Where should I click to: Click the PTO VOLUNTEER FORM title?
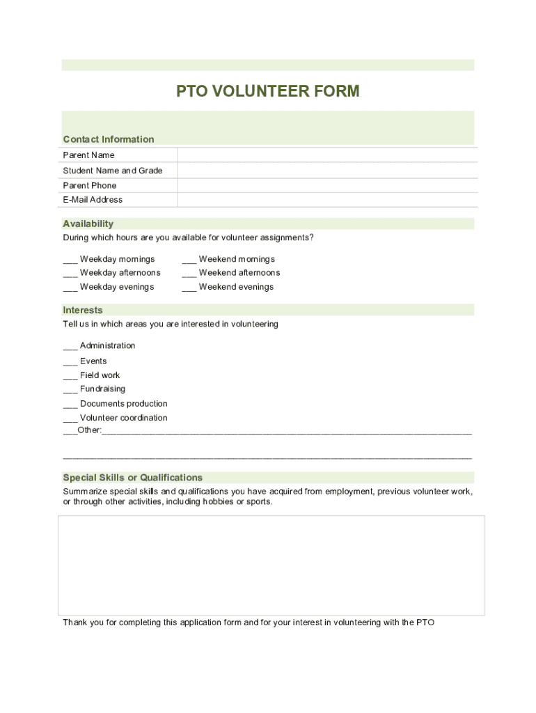pyautogui.click(x=267, y=91)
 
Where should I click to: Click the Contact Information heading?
pyautogui.click(x=109, y=139)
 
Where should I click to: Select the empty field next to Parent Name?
pyautogui.click(x=327, y=155)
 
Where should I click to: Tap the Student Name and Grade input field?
pyautogui.click(x=327, y=171)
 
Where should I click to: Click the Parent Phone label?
pyautogui.click(x=90, y=185)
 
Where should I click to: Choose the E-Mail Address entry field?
pyautogui.click(x=327, y=200)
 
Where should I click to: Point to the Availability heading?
pyautogui.click(x=88, y=224)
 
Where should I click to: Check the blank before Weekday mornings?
pyautogui.click(x=70, y=260)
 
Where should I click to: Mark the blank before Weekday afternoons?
pyautogui.click(x=70, y=274)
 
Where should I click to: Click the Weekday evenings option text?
pyautogui.click(x=117, y=287)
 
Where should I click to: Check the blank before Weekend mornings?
pyautogui.click(x=189, y=260)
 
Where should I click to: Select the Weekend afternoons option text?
pyautogui.click(x=239, y=273)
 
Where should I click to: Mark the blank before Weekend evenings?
pyautogui.click(x=189, y=288)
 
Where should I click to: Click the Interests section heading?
pyautogui.click(x=83, y=310)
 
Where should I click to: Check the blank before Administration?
pyautogui.click(x=70, y=347)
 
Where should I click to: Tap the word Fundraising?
pyautogui.click(x=102, y=389)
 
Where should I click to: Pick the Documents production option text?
pyautogui.click(x=123, y=404)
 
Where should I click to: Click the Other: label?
pyautogui.click(x=89, y=430)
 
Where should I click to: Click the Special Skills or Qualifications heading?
pyautogui.click(x=133, y=478)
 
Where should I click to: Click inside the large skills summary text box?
pyautogui.click(x=271, y=565)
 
